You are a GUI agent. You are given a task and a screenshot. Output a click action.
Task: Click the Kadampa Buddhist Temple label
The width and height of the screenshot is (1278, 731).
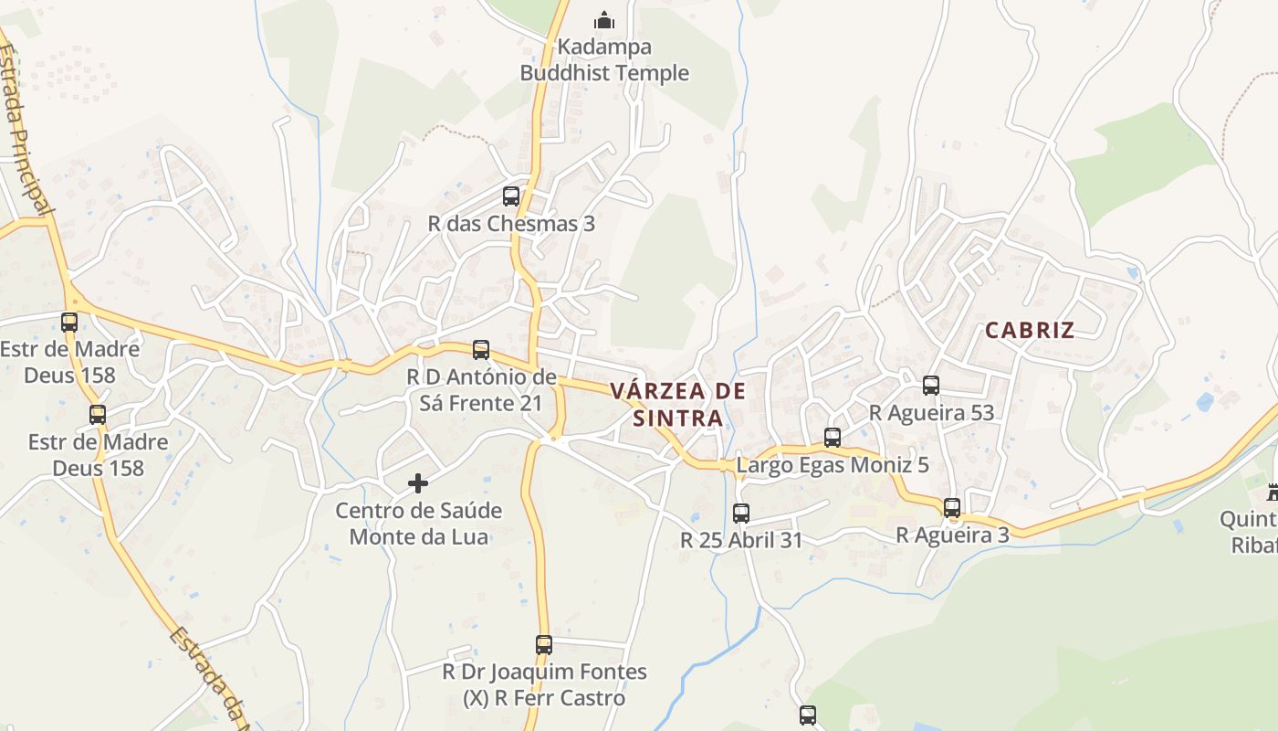click(x=604, y=59)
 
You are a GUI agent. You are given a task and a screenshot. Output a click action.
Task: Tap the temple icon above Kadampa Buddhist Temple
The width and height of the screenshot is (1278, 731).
click(x=603, y=19)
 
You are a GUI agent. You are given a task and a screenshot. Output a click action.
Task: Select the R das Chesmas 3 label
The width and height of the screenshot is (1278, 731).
click(x=511, y=223)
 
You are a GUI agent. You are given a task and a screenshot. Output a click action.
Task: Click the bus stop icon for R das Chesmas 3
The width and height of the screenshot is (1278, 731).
click(x=511, y=196)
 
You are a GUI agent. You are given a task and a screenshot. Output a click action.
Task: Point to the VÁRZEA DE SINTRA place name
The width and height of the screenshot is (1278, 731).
click(x=677, y=404)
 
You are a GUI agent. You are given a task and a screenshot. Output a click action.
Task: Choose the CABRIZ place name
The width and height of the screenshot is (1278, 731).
click(x=1030, y=331)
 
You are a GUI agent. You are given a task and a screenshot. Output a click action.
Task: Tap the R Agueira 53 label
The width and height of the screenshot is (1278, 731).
click(x=931, y=412)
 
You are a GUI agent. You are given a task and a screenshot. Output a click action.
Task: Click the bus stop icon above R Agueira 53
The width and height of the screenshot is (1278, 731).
click(x=931, y=385)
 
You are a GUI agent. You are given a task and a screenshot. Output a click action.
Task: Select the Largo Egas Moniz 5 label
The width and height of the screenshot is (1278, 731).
click(x=833, y=464)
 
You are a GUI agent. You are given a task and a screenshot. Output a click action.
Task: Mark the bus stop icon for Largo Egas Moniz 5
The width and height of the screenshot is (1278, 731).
click(x=833, y=437)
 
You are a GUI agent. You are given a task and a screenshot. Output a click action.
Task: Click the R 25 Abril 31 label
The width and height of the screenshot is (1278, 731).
click(x=741, y=540)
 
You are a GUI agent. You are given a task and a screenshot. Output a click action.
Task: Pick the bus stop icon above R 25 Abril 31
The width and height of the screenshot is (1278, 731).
click(x=741, y=513)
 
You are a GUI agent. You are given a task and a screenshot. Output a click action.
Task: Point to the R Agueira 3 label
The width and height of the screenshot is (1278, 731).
click(x=952, y=535)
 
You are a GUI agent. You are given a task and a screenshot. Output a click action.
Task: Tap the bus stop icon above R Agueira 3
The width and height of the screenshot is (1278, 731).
click(x=952, y=507)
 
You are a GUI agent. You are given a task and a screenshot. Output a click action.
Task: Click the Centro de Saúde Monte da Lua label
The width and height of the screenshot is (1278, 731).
click(x=418, y=523)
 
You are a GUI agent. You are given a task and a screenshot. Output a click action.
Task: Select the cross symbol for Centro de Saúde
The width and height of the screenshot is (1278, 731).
click(x=418, y=482)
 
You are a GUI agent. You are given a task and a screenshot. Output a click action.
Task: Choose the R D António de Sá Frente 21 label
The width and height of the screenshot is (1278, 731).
click(x=481, y=389)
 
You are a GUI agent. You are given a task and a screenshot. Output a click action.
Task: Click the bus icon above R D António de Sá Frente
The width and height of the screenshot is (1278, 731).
click(x=481, y=349)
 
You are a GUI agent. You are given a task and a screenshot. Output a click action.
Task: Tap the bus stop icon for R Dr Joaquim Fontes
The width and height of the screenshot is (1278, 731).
click(x=544, y=644)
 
